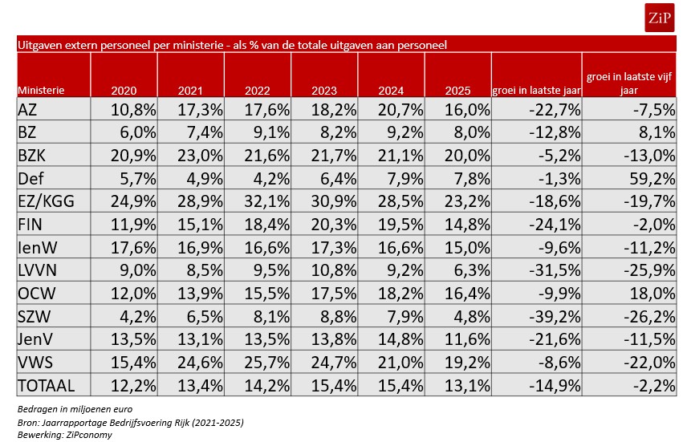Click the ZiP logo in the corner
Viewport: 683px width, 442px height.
pos(659,18)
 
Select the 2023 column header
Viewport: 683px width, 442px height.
pos(324,91)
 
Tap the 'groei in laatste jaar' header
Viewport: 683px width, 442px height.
pos(536,91)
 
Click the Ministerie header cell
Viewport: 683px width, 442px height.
pos(41,90)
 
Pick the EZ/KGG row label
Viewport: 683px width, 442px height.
pos(47,201)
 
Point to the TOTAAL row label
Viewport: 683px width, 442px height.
pos(47,385)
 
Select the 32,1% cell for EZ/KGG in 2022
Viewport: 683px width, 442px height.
pos(266,201)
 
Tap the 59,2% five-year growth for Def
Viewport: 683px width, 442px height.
pos(652,179)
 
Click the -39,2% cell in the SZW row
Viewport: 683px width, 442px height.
pos(555,317)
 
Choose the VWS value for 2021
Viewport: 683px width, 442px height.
pos(200,363)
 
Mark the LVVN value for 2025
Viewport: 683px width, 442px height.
pos(472,270)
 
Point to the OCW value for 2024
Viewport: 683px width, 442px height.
pos(400,294)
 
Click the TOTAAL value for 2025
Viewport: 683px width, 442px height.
pos(467,385)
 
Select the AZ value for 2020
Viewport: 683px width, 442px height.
pos(133,110)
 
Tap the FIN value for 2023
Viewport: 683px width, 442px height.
pos(334,225)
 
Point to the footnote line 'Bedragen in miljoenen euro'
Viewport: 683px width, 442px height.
pos(75,409)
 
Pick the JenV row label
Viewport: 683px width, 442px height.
pos(35,339)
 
